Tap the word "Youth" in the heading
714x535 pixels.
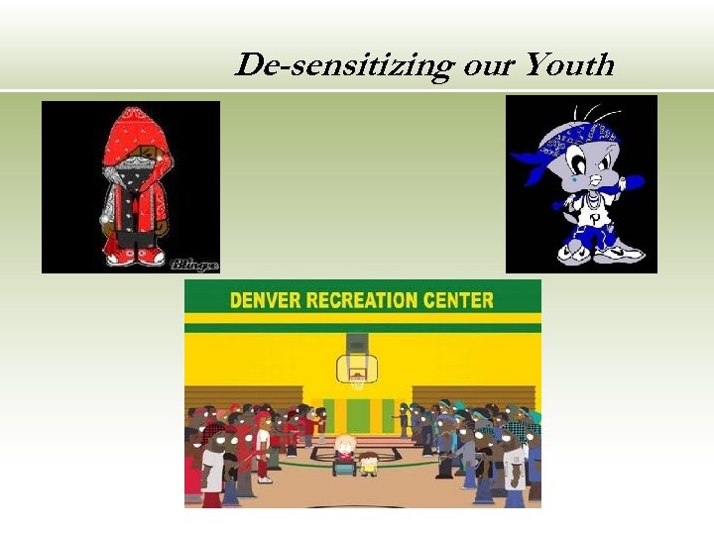[x=569, y=65]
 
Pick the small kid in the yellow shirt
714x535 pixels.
[x=368, y=463]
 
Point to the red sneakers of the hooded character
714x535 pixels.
[x=137, y=258]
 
